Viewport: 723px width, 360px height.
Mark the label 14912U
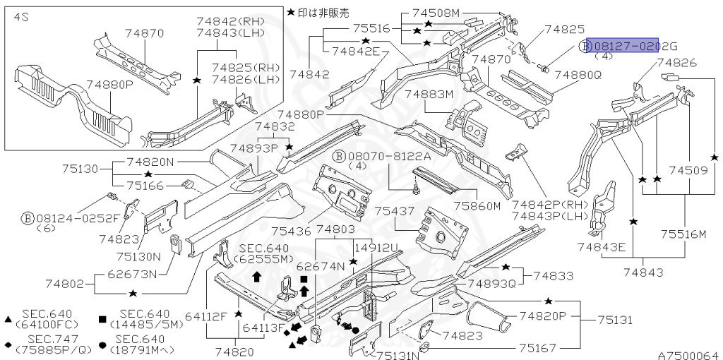(x=376, y=248)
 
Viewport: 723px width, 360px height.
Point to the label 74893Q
(x=491, y=283)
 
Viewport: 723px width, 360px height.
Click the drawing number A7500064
(x=688, y=355)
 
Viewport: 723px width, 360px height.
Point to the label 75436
(x=291, y=231)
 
